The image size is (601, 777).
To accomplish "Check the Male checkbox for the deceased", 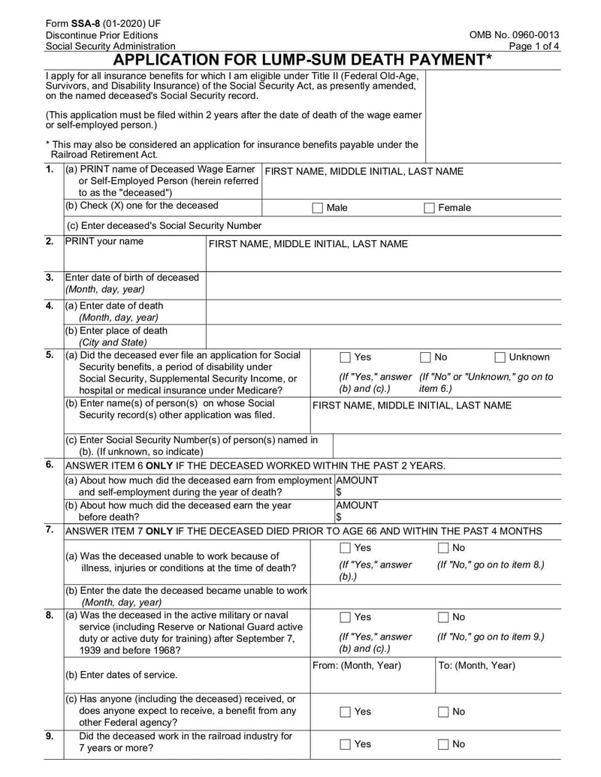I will click(x=317, y=208).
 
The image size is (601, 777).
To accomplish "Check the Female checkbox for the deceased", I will click(x=429, y=208).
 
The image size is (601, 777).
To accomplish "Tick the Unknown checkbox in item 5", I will click(x=500, y=357).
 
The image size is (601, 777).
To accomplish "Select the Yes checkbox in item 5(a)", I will click(x=345, y=357).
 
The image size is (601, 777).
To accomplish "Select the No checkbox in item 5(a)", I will click(x=425, y=357).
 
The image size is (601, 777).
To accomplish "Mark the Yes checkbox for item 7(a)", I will click(x=345, y=548).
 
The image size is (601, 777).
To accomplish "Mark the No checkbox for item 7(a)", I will click(x=443, y=548).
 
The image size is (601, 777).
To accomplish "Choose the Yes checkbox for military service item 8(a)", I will click(x=345, y=617).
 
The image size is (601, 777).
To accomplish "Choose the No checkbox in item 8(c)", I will click(x=443, y=712).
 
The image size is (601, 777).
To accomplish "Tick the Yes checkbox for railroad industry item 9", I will click(x=345, y=745).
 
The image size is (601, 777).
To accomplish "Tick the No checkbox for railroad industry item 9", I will click(x=443, y=745).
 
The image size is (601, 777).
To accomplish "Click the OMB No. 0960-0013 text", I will click(x=514, y=35).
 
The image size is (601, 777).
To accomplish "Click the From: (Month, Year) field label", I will click(x=356, y=666).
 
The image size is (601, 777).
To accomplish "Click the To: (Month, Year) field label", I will click(x=476, y=666).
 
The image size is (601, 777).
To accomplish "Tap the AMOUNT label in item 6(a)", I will click(x=357, y=480).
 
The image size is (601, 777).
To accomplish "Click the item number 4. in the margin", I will click(x=49, y=306).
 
